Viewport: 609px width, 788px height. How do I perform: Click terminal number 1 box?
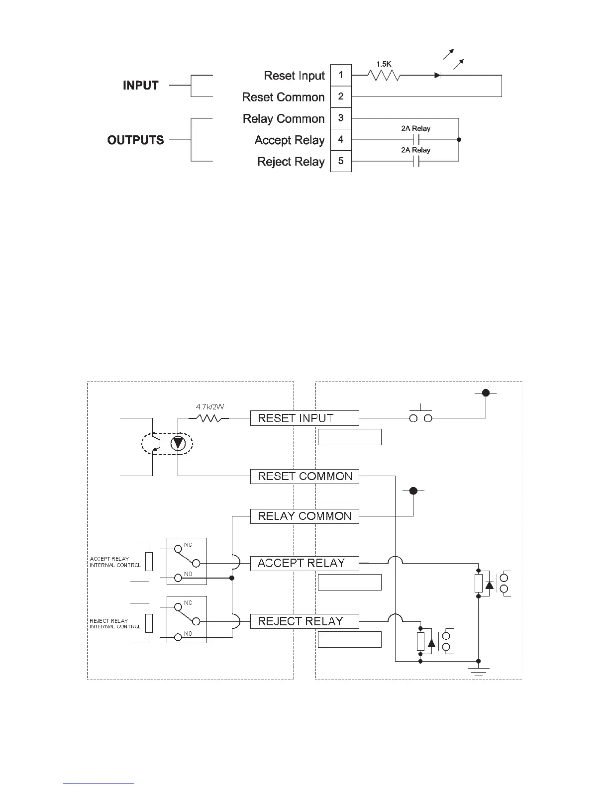(x=341, y=75)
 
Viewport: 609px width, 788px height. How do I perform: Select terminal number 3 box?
(x=341, y=118)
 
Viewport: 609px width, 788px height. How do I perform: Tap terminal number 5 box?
(x=341, y=161)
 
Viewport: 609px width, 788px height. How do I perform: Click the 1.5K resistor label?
(x=384, y=64)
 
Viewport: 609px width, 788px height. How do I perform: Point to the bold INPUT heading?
(x=141, y=86)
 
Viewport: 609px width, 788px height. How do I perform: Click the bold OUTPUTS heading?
(x=135, y=140)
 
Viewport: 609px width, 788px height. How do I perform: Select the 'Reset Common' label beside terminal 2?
(x=283, y=97)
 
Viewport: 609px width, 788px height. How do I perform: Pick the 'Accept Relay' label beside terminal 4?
(x=290, y=140)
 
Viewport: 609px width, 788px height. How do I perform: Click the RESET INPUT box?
(x=304, y=418)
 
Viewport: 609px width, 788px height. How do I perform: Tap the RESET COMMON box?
(x=304, y=476)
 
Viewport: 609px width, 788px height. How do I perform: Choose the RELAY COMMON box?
(x=304, y=516)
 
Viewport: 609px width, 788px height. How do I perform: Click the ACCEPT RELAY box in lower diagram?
(x=304, y=563)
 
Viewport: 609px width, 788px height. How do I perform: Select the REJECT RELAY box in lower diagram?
(x=304, y=621)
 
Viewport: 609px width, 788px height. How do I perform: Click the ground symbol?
(x=478, y=671)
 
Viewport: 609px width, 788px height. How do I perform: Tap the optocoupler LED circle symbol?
(x=178, y=443)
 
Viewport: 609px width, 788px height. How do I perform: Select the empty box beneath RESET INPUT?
(x=349, y=437)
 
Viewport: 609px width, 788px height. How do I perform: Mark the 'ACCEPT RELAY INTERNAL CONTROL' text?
(x=115, y=562)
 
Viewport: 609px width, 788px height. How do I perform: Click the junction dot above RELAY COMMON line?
(x=413, y=491)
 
